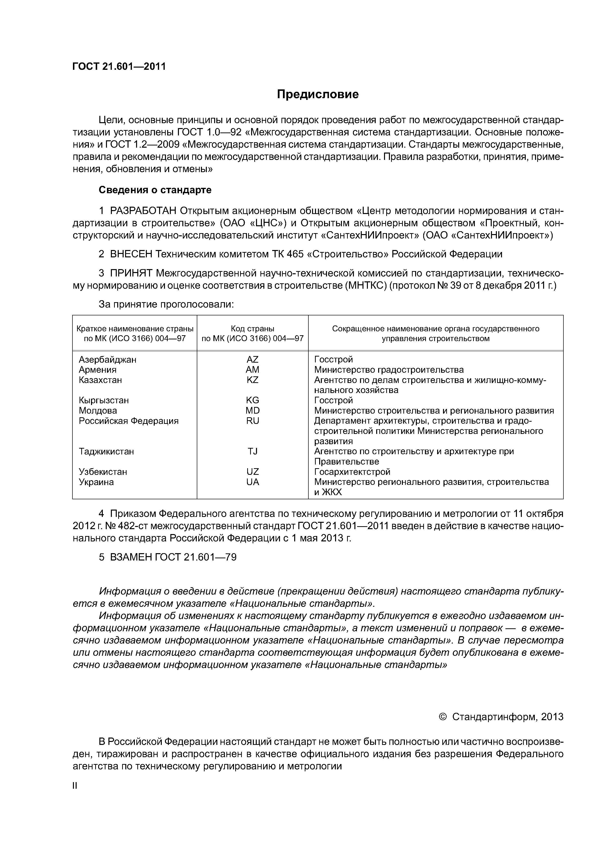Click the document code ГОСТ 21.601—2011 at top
[x=119, y=67]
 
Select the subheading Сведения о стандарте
[x=155, y=190]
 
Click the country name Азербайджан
[x=107, y=359]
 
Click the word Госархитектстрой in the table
[x=352, y=472]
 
